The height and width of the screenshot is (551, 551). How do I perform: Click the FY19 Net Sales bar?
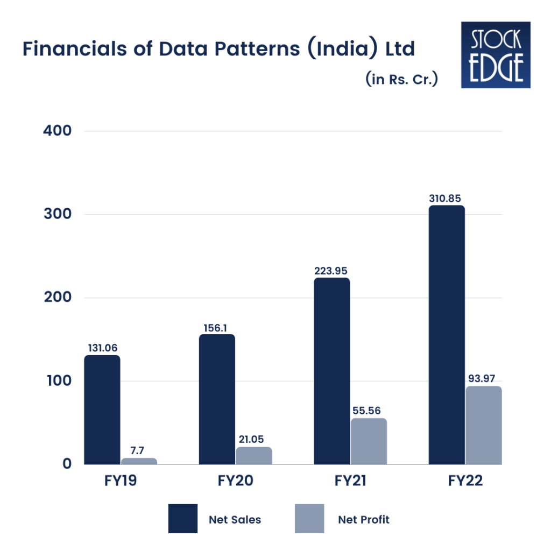tap(102, 409)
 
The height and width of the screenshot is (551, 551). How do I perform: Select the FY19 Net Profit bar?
tap(139, 461)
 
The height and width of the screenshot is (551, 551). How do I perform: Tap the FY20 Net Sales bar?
tap(217, 399)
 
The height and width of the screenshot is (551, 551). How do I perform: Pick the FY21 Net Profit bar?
tap(369, 441)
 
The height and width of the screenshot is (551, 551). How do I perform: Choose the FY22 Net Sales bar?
tap(447, 335)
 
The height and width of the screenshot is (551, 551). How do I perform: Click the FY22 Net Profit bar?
tap(484, 425)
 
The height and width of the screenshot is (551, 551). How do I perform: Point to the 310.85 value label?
tap(445, 199)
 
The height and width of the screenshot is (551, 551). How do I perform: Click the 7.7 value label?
tap(137, 450)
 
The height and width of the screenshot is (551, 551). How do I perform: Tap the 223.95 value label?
tap(331, 271)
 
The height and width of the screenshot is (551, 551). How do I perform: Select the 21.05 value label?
tap(251, 439)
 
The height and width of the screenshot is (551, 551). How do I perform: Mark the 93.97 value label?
tap(482, 378)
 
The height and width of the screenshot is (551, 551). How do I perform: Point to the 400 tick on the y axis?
tap(57, 131)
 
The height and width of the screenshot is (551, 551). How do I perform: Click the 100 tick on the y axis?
tap(59, 380)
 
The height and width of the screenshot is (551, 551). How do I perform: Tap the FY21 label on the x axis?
tap(350, 481)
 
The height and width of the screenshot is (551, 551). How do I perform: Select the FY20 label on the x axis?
tap(236, 481)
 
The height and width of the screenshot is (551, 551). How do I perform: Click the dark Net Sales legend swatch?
tap(183, 519)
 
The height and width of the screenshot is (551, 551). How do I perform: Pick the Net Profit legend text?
tap(364, 519)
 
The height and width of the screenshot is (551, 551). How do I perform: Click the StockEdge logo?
tap(496, 55)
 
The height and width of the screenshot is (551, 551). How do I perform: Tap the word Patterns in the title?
tap(257, 48)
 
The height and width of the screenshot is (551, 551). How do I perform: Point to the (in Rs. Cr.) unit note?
tap(401, 79)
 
